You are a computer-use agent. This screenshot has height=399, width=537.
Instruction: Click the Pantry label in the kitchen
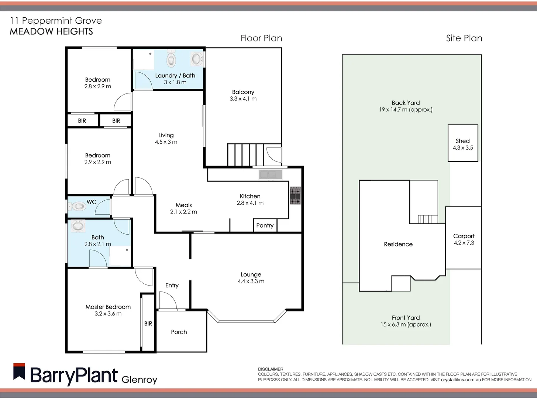click(x=265, y=225)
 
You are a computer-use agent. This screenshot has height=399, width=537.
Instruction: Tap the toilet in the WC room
click(x=78, y=206)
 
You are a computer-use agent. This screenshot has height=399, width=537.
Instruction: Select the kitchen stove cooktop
click(x=295, y=195)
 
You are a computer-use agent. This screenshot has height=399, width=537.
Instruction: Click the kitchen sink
click(x=270, y=174)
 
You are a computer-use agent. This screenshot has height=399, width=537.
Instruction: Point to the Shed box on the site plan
click(x=463, y=143)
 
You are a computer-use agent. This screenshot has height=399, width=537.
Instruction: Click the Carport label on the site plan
click(x=464, y=236)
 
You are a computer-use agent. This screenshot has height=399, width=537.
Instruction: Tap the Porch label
click(x=179, y=332)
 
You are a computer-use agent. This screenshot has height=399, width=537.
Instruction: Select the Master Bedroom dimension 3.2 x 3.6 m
click(x=108, y=314)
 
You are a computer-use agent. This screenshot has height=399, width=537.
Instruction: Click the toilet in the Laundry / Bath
click(x=171, y=59)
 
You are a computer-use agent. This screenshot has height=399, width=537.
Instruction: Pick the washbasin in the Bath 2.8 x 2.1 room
click(x=78, y=225)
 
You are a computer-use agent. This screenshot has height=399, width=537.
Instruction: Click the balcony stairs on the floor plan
click(x=245, y=155)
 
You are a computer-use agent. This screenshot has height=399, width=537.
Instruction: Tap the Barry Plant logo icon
click(x=19, y=372)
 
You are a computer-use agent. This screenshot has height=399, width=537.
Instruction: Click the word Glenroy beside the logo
click(x=139, y=379)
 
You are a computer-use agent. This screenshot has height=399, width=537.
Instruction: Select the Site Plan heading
click(x=464, y=38)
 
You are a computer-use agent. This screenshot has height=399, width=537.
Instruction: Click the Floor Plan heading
click(x=261, y=38)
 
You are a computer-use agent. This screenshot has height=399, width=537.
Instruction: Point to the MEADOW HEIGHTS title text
click(x=51, y=31)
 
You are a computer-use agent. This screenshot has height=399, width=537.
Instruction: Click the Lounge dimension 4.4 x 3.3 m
click(x=251, y=281)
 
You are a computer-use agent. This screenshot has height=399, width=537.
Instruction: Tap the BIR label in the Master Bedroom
click(x=148, y=324)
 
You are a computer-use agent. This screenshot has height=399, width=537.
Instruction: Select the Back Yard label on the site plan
click(x=406, y=103)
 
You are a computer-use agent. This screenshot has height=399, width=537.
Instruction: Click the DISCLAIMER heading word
click(x=271, y=369)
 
